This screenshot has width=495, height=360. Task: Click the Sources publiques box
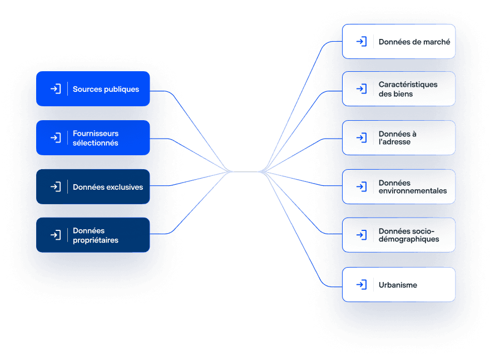pos(93,88)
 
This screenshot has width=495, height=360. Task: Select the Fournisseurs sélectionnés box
pos(93,137)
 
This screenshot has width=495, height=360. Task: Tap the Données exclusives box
pos(93,186)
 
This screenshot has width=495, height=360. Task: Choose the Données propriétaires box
pos(93,235)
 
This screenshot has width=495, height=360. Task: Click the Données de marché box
pos(399,41)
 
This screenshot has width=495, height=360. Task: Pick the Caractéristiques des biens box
pos(399,88)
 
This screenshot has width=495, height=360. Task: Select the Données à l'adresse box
pos(399,137)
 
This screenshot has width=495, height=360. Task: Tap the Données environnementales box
pos(399,186)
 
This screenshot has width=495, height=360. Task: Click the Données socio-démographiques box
pos(399,235)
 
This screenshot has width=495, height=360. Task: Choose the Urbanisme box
pos(399,284)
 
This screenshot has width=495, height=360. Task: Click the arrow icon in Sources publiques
pos(56,88)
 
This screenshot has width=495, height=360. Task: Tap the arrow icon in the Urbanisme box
pos(362,284)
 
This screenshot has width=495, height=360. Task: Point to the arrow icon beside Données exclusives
pos(56,186)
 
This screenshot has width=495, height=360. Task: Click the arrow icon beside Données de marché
pos(362,41)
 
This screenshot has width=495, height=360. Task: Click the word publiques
pos(122,90)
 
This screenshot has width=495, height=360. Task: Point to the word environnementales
pos(413,191)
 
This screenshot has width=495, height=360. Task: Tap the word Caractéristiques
pos(408,85)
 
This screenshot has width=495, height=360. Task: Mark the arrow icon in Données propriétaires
pos(56,235)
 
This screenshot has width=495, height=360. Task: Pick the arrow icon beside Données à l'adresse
pos(362,137)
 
